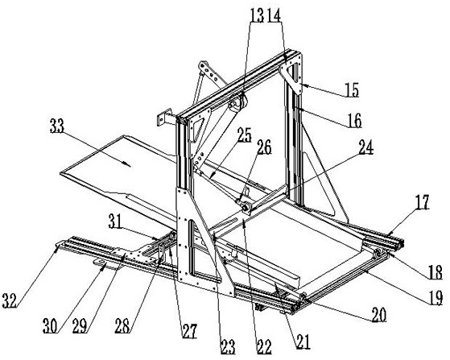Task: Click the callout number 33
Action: pos(57,126)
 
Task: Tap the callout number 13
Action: pos(257,15)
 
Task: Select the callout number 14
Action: pos(274,15)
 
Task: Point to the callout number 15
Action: pos(352,90)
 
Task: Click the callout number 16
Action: pos(354,121)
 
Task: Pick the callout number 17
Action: pos(422,202)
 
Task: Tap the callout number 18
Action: pos(436,273)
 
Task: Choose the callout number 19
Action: pos(436,299)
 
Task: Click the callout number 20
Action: pos(379,315)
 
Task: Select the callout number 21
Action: pos(303,342)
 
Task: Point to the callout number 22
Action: pos(264,347)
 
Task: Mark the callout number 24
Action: pos(366,147)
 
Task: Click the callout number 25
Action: pos(245,135)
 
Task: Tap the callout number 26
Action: pos(264,147)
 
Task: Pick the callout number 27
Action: pos(190,331)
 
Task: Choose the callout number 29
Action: pos(80,326)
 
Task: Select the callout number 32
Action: pos(10,301)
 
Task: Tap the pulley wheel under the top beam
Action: pos(239,105)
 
